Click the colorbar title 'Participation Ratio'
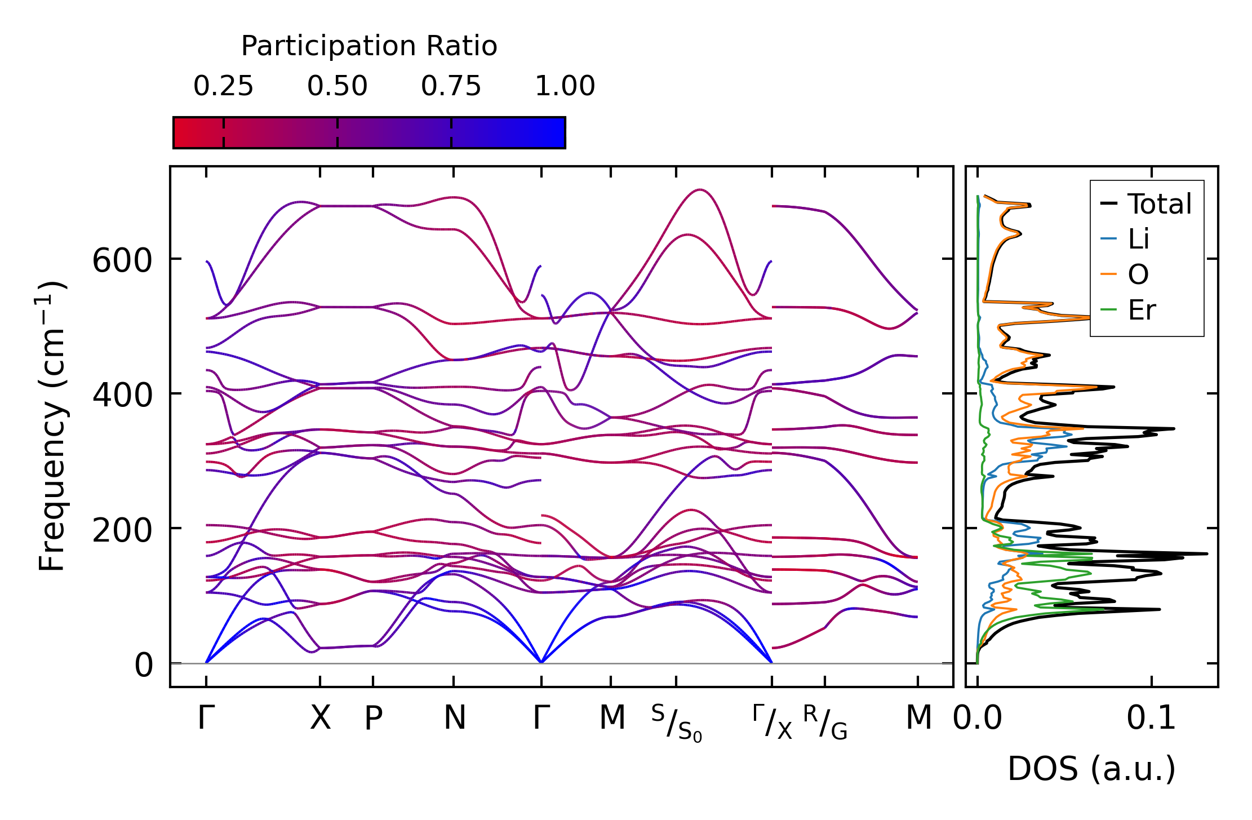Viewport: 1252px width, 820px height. point(369,46)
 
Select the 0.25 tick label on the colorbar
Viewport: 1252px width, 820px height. point(223,86)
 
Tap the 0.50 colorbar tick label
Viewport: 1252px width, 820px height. point(337,86)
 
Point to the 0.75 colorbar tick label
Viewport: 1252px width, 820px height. point(451,86)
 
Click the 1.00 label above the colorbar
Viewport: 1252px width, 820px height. point(565,86)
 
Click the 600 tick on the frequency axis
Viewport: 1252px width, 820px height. point(122,261)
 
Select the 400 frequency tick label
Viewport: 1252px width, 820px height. point(122,396)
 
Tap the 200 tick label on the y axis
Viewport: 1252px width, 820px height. point(122,530)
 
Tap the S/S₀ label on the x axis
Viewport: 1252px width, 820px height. point(677,723)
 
